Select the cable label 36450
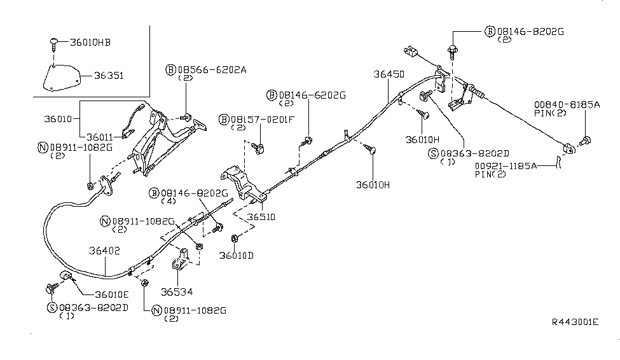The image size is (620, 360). click(x=389, y=74)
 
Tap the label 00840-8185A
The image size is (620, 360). click(x=567, y=105)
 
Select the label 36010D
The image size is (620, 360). click(x=236, y=255)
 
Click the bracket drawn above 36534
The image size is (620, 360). click(x=181, y=260)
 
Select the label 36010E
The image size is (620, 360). click(x=112, y=294)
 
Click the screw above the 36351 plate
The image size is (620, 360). click(x=54, y=44)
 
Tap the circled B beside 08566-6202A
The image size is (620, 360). click(x=172, y=69)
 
